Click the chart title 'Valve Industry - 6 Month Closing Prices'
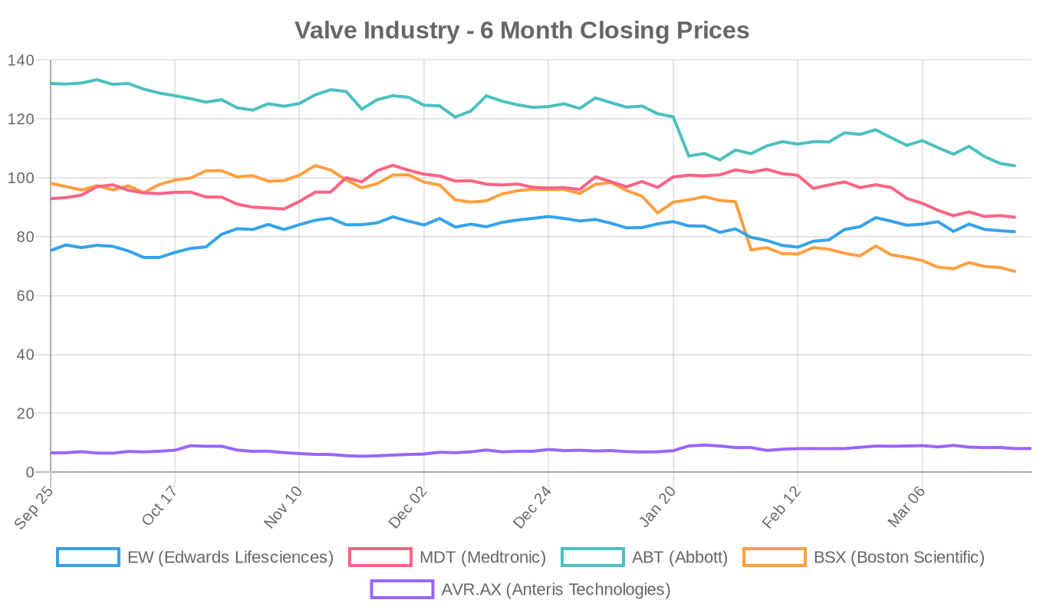(521, 31)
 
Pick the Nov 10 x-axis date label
(283, 506)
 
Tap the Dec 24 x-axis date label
(532, 506)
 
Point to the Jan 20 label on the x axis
(657, 506)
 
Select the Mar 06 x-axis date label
(906, 506)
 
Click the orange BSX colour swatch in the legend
(775, 557)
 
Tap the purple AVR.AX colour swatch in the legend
(402, 589)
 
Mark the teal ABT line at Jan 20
(673, 117)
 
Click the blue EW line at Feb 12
(798, 247)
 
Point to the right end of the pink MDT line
(1015, 217)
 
